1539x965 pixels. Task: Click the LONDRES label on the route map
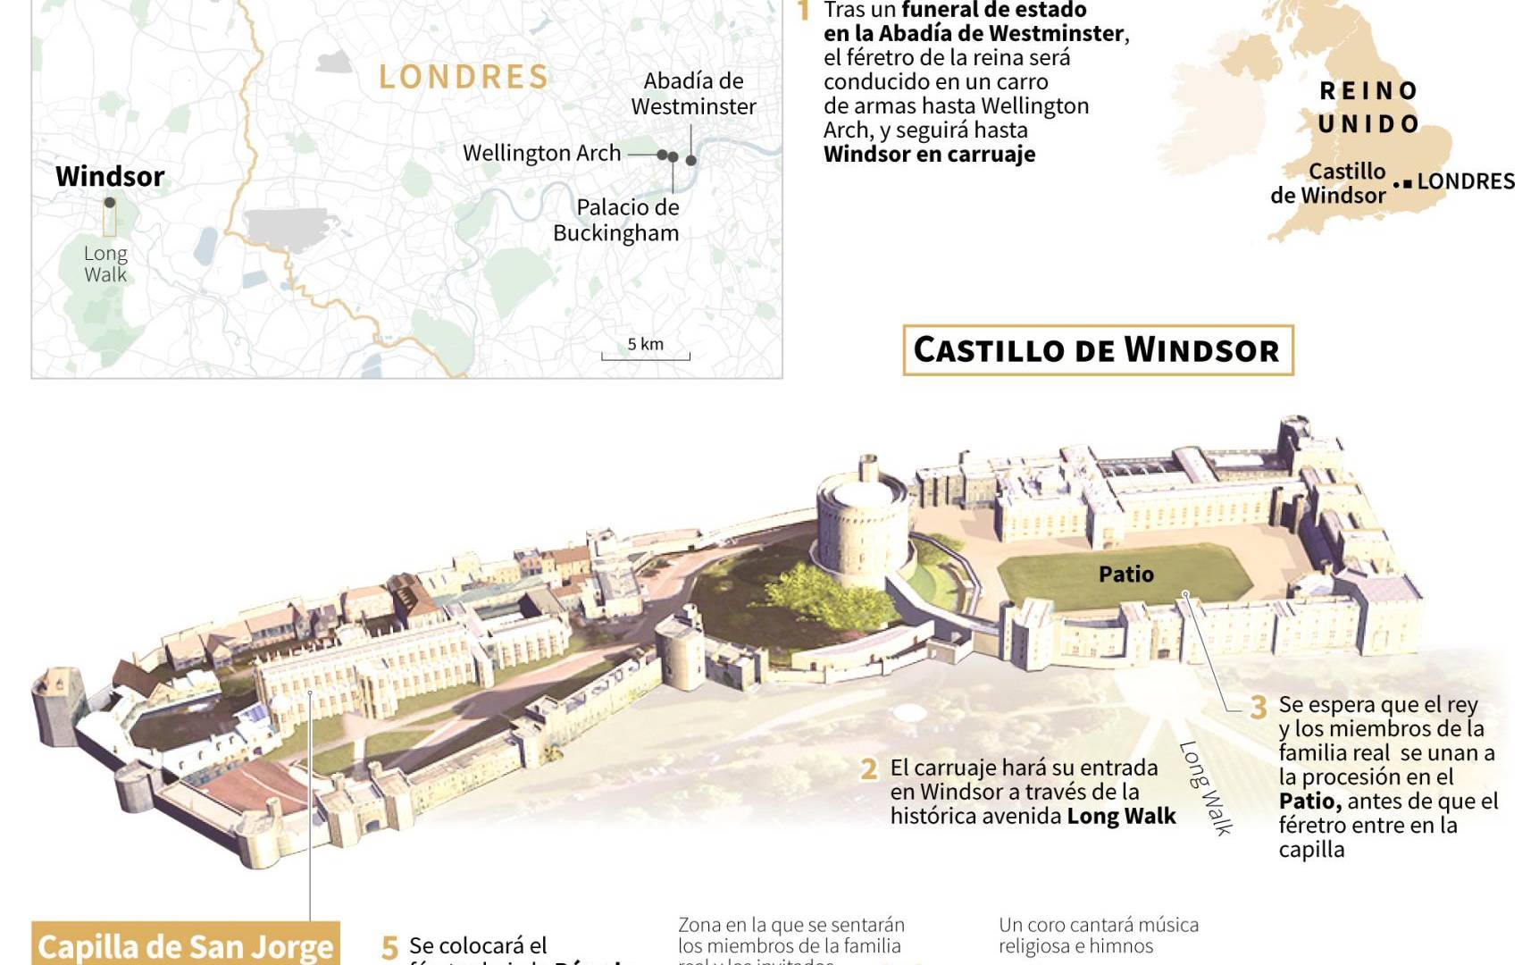tap(464, 77)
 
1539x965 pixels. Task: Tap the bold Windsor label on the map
tap(110, 176)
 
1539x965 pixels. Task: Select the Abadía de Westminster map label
tap(693, 94)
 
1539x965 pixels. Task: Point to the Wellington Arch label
tap(541, 153)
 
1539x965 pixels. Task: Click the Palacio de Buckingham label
tap(616, 220)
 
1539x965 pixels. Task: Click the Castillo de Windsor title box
tap(1098, 349)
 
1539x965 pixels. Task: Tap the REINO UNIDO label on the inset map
tap(1369, 107)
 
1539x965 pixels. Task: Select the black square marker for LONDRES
tap(1408, 183)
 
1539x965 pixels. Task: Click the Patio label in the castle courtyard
tap(1125, 574)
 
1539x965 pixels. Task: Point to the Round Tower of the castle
tap(862, 527)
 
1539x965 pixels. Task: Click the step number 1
tap(803, 12)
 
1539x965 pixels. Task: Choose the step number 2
tap(868, 769)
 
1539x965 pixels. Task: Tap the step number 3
tap(1258, 708)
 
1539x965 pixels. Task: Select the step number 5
tap(389, 947)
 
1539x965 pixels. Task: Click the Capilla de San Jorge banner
tap(186, 945)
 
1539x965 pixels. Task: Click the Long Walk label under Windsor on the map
tap(105, 264)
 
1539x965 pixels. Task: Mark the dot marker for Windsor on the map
tap(110, 203)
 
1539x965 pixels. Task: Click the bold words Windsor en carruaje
tap(929, 154)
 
